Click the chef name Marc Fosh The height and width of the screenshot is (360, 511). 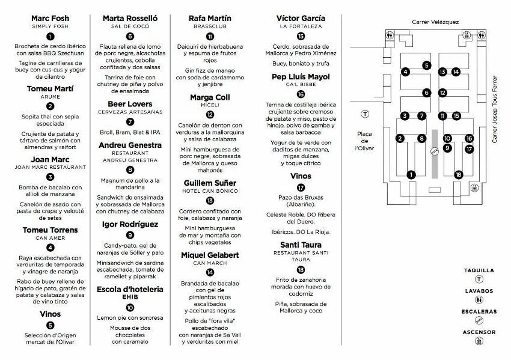click(50, 19)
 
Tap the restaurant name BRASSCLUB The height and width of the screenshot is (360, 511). click(209, 27)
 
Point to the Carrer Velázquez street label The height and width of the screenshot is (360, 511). click(435, 22)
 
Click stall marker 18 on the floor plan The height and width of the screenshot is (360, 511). click(459, 174)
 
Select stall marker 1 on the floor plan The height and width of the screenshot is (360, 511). click(411, 174)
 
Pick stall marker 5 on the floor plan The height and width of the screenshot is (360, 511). click(426, 65)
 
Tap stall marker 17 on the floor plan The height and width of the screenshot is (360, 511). click(469, 148)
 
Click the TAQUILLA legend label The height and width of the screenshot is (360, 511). click(479, 270)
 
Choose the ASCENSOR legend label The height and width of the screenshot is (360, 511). click(479, 332)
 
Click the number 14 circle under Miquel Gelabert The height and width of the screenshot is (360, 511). click(209, 272)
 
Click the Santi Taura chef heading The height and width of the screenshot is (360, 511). click(301, 245)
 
